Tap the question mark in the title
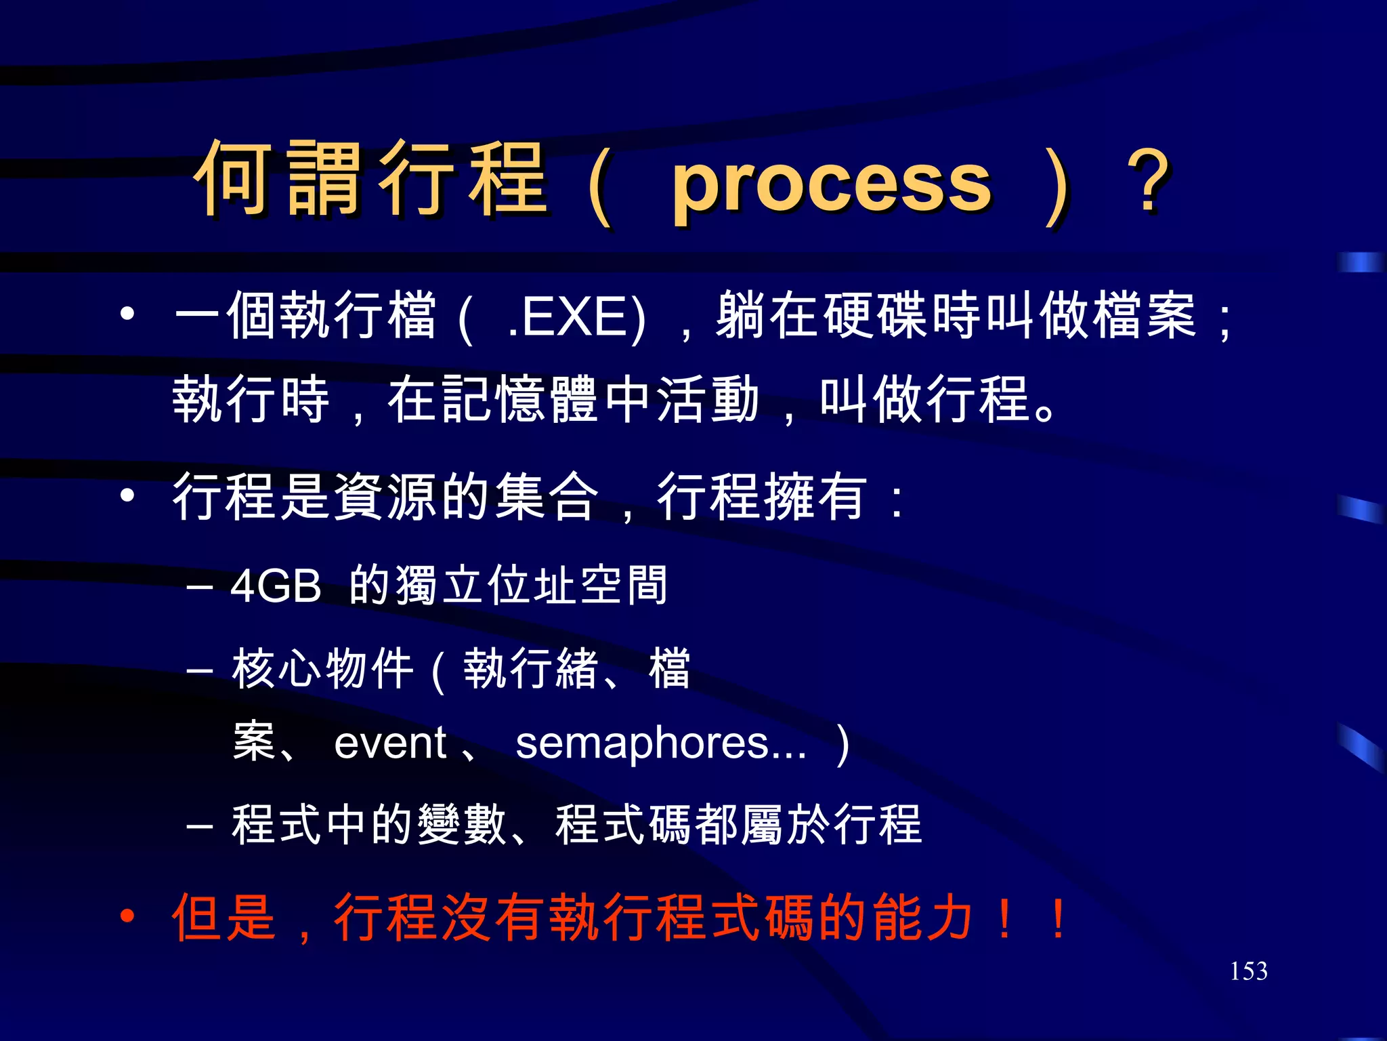(x=1149, y=182)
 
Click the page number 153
(x=1248, y=971)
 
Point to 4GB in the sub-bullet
(x=276, y=586)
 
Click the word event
(x=390, y=743)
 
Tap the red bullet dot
(x=127, y=918)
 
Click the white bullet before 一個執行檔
(x=127, y=314)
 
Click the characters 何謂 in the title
(x=277, y=180)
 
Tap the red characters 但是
(x=224, y=918)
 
